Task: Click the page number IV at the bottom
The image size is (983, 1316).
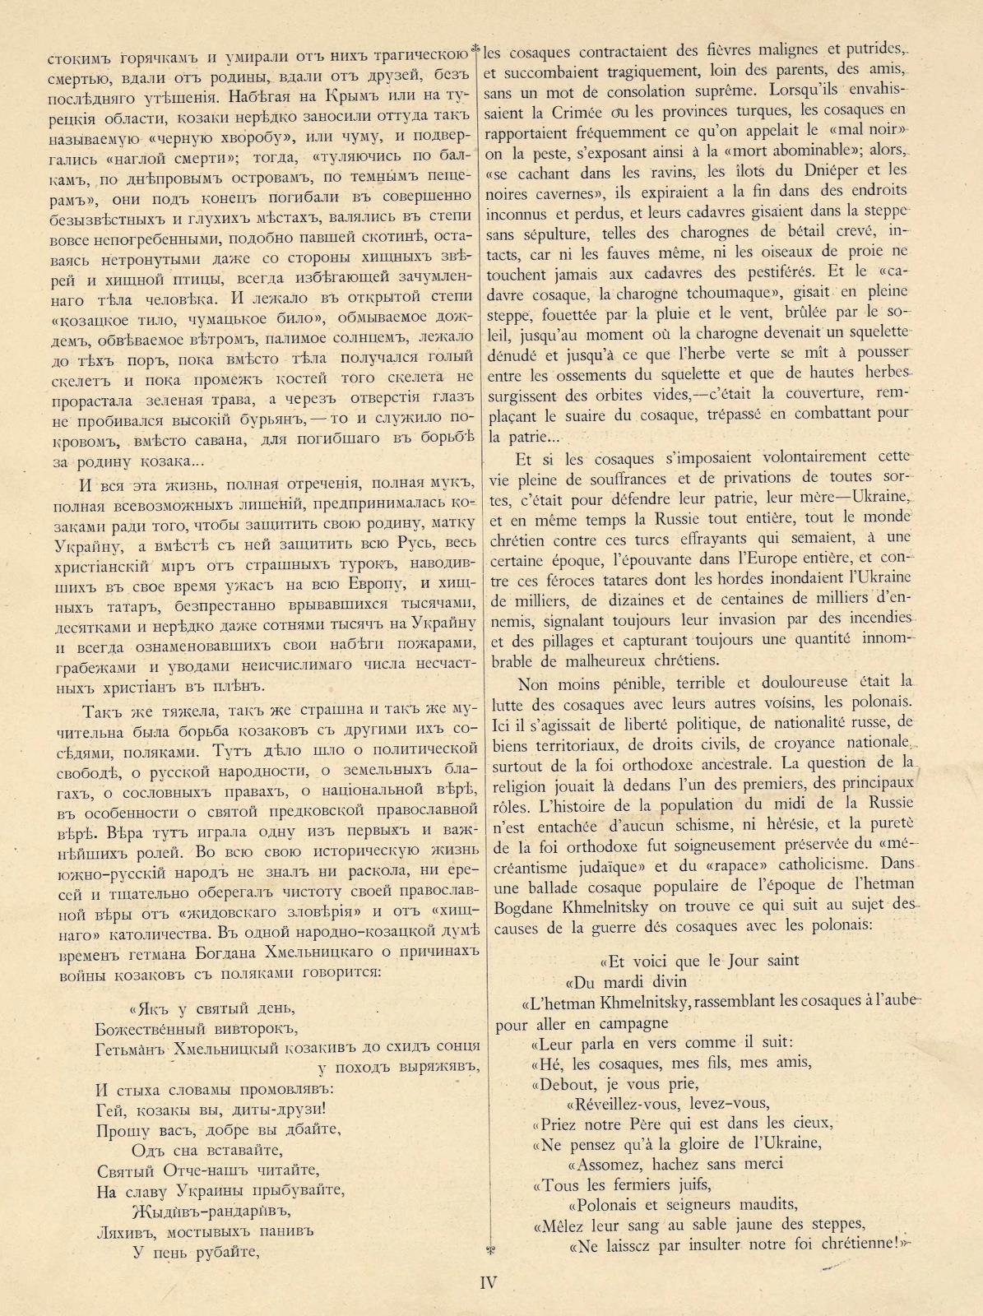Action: (x=490, y=1282)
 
